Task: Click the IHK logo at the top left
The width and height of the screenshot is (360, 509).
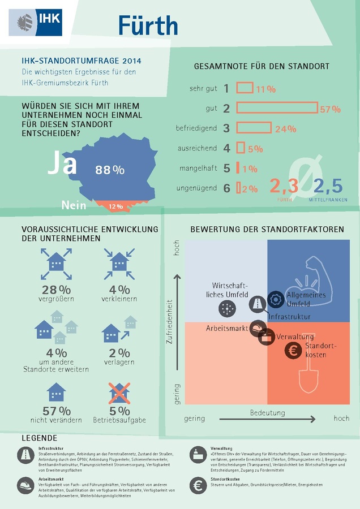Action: [x=35, y=22]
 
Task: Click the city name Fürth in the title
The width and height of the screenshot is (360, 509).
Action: [x=148, y=25]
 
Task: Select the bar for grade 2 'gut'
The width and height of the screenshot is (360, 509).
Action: [x=277, y=108]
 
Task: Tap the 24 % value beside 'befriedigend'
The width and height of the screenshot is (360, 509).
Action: [x=285, y=129]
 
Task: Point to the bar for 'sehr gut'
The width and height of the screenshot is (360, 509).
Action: [x=244, y=88]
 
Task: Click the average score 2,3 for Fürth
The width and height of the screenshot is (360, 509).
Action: [x=283, y=186]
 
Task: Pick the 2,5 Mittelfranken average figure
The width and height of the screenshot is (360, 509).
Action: [x=328, y=186]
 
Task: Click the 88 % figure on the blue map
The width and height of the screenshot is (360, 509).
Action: [x=110, y=170]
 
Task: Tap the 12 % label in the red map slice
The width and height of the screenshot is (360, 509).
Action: [x=115, y=206]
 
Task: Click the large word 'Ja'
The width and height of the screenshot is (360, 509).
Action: [x=62, y=163]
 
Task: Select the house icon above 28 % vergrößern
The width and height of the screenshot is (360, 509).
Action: [x=56, y=263]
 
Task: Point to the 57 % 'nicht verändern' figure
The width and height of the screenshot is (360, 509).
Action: [x=57, y=411]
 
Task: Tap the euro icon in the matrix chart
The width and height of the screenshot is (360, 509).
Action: [x=293, y=350]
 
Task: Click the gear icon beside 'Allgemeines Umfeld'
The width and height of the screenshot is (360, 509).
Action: [x=276, y=300]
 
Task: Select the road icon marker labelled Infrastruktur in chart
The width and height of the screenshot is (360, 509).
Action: [x=258, y=304]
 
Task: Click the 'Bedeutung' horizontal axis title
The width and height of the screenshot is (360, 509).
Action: [x=268, y=413]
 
